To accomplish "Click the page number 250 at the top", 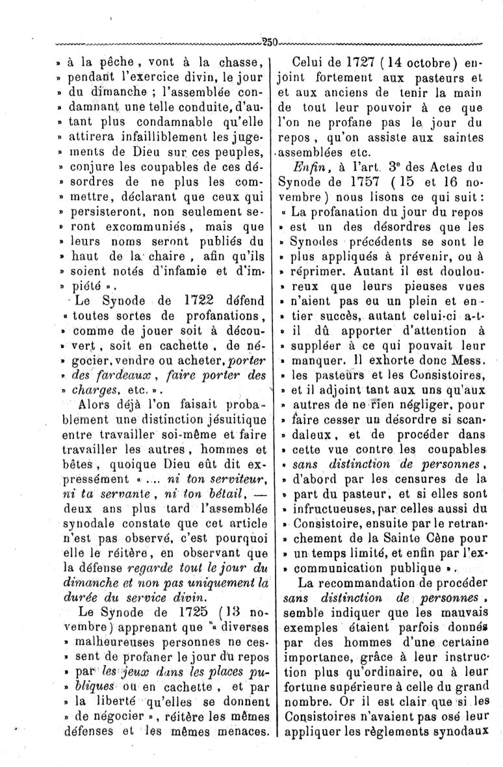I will point(270,43).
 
